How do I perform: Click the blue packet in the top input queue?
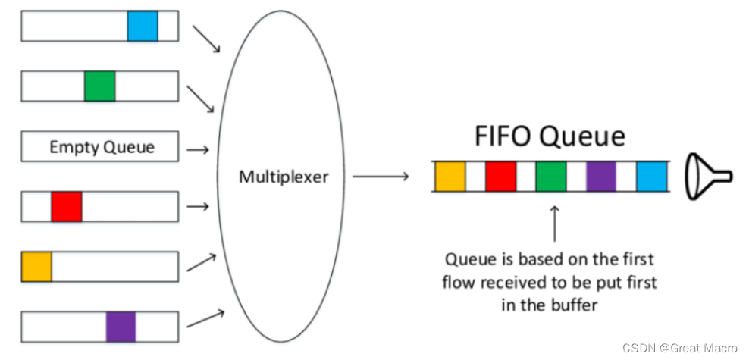pyautogui.click(x=143, y=25)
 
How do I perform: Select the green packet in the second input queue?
pyautogui.click(x=99, y=86)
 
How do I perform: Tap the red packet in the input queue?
pyautogui.click(x=66, y=206)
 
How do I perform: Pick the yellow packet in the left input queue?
pyautogui.click(x=36, y=266)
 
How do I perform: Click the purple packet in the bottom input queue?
pyautogui.click(x=121, y=326)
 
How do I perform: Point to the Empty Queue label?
pyautogui.click(x=102, y=146)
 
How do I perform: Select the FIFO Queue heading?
pyautogui.click(x=550, y=136)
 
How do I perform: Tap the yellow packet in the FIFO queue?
pyautogui.click(x=450, y=177)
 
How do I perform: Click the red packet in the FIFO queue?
pyautogui.click(x=500, y=177)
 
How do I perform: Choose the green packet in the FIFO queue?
pyautogui.click(x=550, y=177)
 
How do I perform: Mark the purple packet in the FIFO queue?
pyautogui.click(x=600, y=177)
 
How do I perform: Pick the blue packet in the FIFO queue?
pyautogui.click(x=650, y=177)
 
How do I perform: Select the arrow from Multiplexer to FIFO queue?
pyautogui.click(x=381, y=177)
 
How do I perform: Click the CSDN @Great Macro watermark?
pyautogui.click(x=679, y=347)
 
